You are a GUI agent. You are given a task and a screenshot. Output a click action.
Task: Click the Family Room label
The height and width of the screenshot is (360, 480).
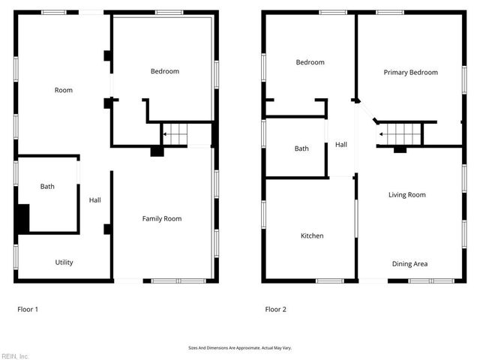tap(162, 219)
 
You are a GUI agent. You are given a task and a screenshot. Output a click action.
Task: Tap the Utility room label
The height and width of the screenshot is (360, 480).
tap(64, 262)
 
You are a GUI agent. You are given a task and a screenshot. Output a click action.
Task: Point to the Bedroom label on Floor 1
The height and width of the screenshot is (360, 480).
tap(165, 71)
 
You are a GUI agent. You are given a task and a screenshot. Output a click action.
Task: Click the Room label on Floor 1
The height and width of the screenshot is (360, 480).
tap(64, 90)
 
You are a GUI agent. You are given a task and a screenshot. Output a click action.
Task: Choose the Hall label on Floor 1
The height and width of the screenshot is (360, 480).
tap(95, 200)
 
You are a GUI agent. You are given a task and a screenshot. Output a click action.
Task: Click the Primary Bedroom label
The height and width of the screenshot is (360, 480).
tap(410, 73)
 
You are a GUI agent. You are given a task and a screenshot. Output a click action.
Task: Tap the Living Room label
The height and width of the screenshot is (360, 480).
tap(406, 195)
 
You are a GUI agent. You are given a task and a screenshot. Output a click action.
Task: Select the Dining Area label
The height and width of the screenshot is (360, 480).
tap(409, 264)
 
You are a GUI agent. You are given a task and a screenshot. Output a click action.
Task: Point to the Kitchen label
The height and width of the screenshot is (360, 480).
tap(312, 235)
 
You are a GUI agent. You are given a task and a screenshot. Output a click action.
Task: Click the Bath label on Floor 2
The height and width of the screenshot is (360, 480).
tap(301, 148)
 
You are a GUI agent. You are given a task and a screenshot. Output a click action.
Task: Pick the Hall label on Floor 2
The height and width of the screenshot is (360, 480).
tap(341, 145)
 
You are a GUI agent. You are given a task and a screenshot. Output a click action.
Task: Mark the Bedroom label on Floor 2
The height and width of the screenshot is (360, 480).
tap(310, 62)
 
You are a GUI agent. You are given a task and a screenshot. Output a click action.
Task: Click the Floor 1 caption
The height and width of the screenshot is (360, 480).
tap(28, 309)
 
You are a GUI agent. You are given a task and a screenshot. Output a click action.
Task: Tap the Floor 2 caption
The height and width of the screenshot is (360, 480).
tap(275, 309)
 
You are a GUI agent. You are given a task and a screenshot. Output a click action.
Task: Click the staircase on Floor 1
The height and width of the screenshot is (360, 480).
tap(175, 135)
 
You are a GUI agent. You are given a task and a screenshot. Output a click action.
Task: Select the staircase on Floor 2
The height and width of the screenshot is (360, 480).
tap(400, 134)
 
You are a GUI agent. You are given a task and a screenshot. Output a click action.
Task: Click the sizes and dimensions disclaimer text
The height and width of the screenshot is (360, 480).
tap(239, 348)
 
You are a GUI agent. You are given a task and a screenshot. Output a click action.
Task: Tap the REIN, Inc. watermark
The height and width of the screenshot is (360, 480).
tap(14, 356)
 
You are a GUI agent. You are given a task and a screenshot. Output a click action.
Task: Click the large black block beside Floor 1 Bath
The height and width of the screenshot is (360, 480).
tap(22, 218)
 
